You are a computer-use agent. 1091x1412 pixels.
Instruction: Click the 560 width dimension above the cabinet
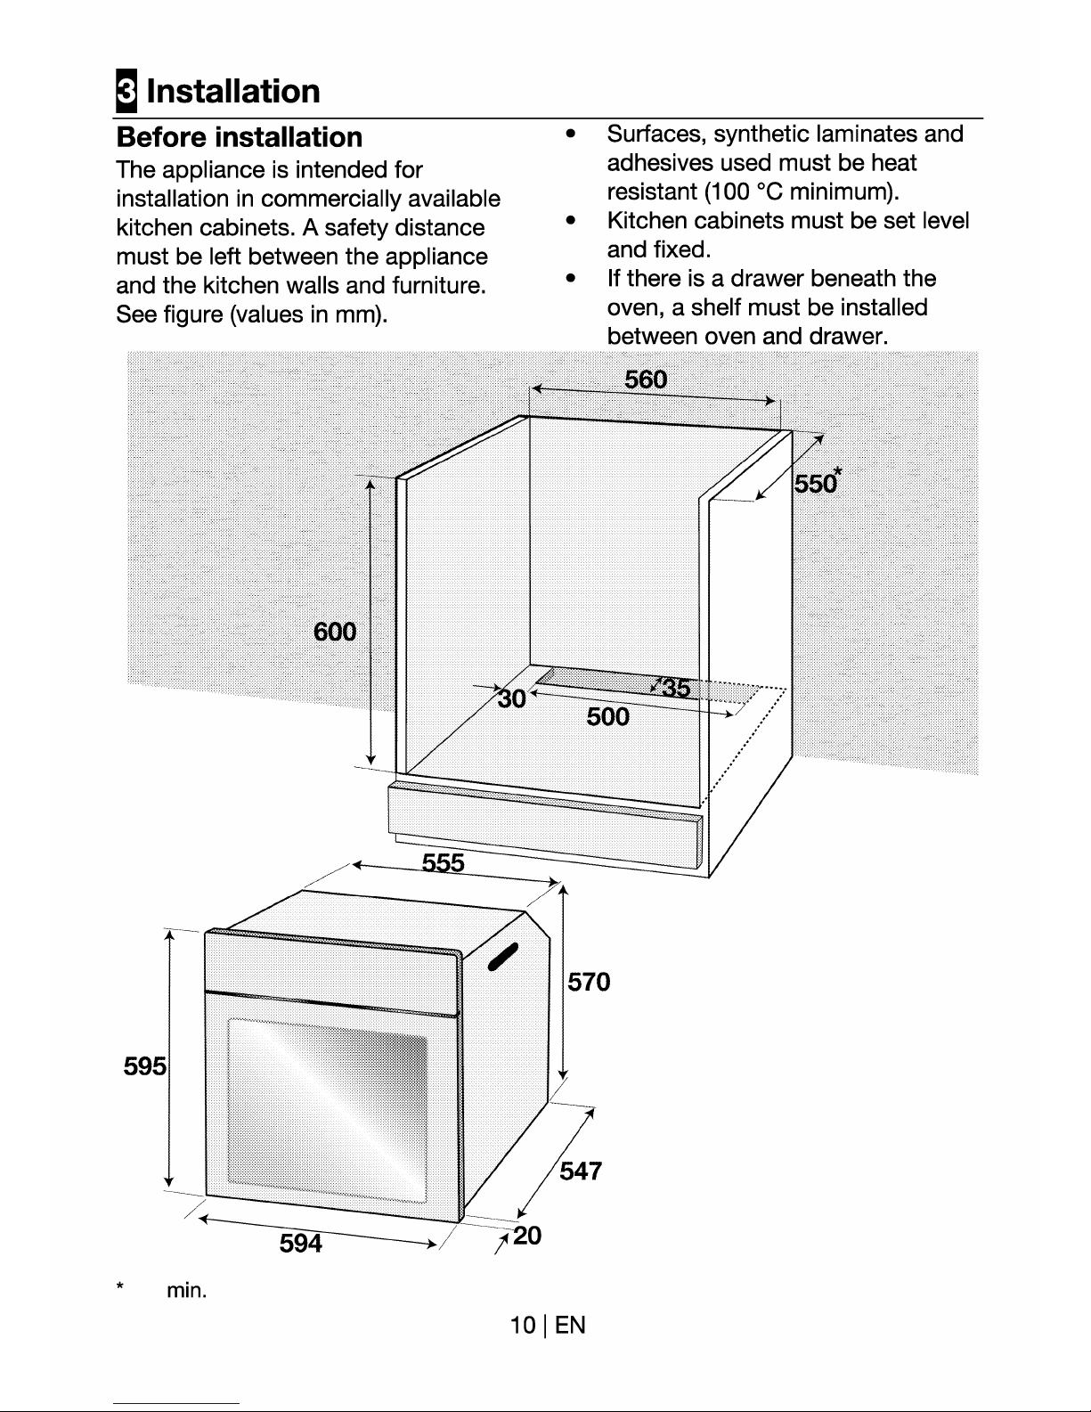point(646,380)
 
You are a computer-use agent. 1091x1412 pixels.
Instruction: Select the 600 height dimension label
point(335,632)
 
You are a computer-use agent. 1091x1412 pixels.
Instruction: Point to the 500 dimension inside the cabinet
point(607,717)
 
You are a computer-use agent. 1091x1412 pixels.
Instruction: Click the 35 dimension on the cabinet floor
point(676,688)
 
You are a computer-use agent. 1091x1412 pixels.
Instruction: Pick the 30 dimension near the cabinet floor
point(512,699)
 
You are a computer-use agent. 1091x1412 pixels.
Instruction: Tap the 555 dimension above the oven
point(443,863)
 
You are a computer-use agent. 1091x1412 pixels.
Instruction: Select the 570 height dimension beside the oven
point(589,982)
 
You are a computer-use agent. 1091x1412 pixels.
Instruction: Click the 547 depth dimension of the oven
point(581,1171)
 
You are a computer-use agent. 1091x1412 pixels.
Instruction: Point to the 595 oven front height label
point(145,1066)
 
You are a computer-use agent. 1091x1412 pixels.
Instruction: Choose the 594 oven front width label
point(301,1243)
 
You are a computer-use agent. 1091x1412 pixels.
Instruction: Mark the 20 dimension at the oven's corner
point(526,1236)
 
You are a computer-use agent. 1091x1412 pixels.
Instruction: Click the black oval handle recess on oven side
point(503,956)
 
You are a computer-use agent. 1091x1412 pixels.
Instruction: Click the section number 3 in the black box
point(126,90)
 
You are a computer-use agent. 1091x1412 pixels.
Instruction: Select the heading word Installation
point(233,91)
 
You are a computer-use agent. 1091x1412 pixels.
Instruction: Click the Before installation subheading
point(239,137)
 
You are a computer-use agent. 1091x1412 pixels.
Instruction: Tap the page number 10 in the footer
point(523,1325)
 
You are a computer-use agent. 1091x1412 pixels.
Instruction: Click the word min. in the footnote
point(186,1290)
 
